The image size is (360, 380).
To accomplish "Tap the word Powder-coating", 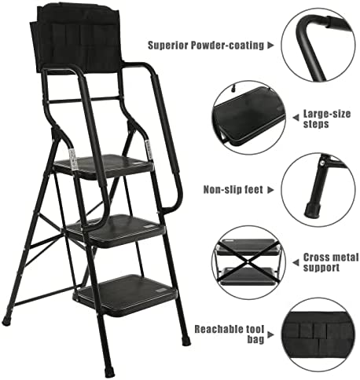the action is (x=227, y=46).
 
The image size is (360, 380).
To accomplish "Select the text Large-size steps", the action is (x=327, y=119).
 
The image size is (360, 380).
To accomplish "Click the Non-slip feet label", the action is (x=233, y=189).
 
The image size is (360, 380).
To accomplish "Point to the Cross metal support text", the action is (x=331, y=262).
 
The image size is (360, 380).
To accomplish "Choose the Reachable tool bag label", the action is (x=230, y=334).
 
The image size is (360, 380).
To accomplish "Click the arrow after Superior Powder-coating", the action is (x=270, y=46).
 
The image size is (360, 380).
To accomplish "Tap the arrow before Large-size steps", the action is (x=296, y=118).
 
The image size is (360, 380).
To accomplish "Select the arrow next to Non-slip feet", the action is (x=270, y=190).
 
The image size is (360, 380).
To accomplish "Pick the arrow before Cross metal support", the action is (x=296, y=262).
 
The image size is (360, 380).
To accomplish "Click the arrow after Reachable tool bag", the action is (x=270, y=334).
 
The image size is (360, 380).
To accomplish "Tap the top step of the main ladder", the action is (x=104, y=166).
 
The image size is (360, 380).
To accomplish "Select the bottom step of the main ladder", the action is (x=125, y=294).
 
